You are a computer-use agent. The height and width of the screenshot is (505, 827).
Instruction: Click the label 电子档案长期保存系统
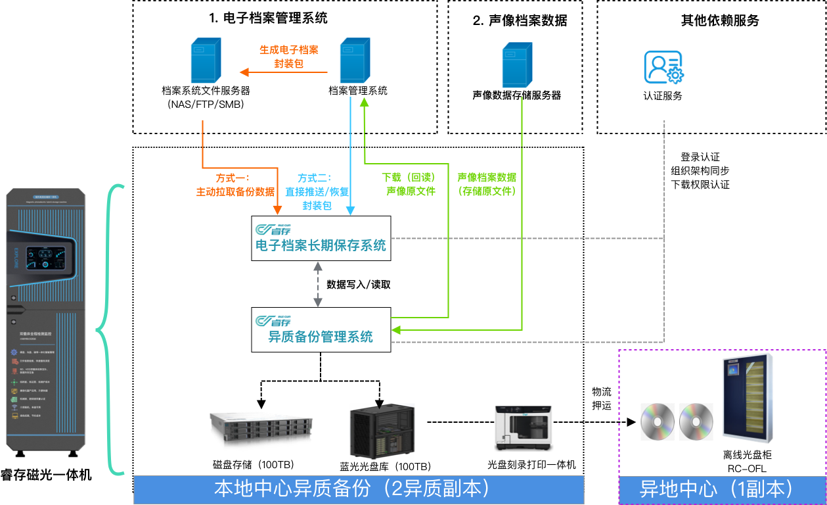point(321,246)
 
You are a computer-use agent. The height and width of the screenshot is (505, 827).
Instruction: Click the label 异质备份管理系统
point(321,337)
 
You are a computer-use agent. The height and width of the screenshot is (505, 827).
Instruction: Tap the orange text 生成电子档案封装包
point(289,57)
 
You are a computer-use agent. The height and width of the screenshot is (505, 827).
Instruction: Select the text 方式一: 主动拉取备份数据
point(235,185)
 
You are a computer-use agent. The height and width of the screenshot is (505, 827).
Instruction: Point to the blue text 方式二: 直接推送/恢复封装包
point(317,191)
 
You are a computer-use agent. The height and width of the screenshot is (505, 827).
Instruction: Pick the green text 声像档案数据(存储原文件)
point(487,185)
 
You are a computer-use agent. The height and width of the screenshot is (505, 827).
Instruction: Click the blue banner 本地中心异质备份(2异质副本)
point(359,489)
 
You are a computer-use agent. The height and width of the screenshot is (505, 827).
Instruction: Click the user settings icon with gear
point(663,68)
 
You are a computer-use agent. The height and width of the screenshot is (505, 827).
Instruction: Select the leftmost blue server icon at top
point(206,60)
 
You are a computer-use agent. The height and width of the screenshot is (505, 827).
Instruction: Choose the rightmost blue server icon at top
point(517,64)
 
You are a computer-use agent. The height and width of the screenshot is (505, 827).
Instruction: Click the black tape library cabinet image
point(382,431)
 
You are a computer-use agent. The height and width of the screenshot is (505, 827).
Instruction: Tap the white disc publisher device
point(524,428)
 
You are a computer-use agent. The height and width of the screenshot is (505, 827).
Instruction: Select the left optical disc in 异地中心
point(658,421)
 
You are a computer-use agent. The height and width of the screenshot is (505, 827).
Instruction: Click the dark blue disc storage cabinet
point(748,397)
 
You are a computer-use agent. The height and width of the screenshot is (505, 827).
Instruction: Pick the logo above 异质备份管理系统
point(273,321)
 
